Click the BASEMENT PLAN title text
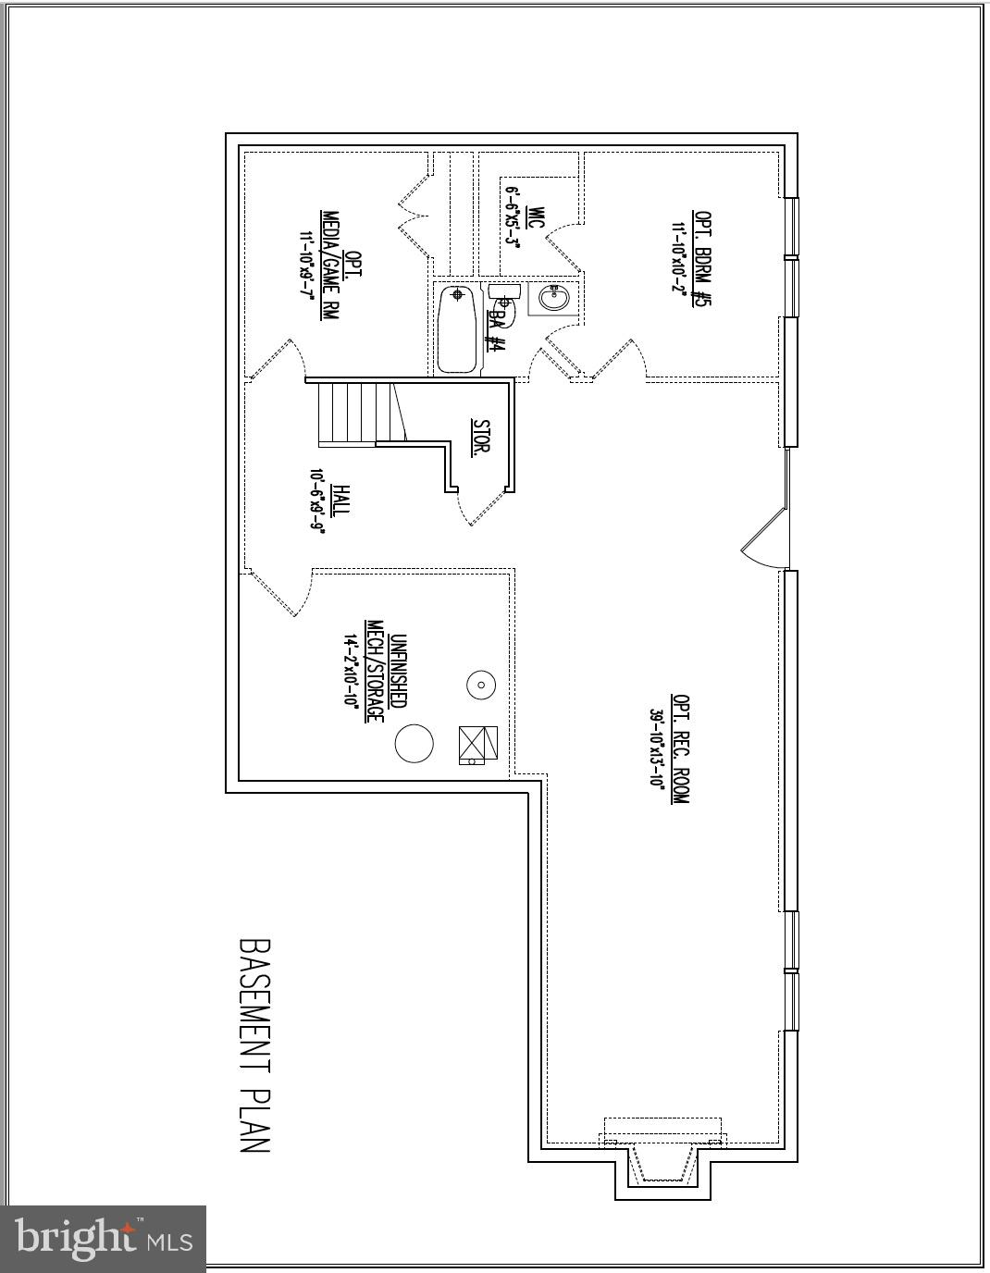pyautogui.click(x=254, y=1046)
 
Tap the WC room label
pyautogui.click(x=535, y=218)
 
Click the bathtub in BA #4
pyautogui.click(x=456, y=329)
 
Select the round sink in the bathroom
pyautogui.click(x=553, y=299)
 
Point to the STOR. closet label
pyautogui.click(x=481, y=438)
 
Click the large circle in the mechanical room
pyautogui.click(x=414, y=743)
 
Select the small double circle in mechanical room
pyautogui.click(x=481, y=686)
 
